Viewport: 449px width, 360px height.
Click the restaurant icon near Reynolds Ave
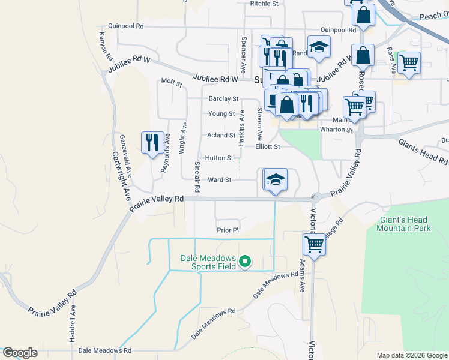coord(151,142)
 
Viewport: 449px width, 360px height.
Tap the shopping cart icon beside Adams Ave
coord(315,244)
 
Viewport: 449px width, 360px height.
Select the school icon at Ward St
coord(276,179)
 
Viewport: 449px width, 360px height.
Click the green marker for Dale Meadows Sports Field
coord(245,261)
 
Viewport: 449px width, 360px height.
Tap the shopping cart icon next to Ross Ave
coord(409,62)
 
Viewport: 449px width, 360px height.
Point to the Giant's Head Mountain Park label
coord(405,224)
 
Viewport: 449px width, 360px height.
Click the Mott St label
coord(172,81)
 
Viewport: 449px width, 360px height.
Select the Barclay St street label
coord(223,98)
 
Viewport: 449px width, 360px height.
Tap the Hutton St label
coord(218,158)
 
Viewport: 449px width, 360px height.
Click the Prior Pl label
coord(228,230)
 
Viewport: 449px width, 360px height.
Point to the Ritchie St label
coord(265,4)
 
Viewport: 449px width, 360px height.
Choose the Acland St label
coord(221,136)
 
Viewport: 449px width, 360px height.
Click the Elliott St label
coord(268,146)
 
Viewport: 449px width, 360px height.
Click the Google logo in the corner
coord(20,353)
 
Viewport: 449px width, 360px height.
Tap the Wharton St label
coord(336,130)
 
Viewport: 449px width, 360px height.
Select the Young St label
coord(221,113)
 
